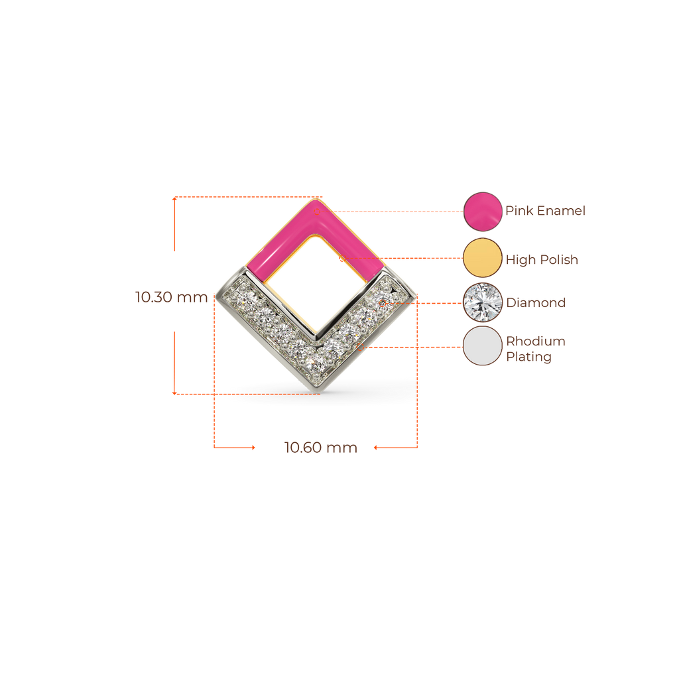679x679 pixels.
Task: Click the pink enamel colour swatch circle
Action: (x=482, y=211)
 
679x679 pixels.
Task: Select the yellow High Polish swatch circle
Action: (x=482, y=257)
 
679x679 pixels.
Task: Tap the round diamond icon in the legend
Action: (x=482, y=302)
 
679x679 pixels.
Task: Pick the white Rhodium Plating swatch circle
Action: (x=482, y=345)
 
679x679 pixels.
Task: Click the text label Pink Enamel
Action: (x=545, y=211)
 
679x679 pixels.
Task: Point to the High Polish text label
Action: (x=542, y=259)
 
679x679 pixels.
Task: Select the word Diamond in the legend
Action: (x=536, y=303)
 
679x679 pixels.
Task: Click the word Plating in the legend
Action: (x=528, y=357)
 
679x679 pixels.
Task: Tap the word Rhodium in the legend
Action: (x=535, y=341)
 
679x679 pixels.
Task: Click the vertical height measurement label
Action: (x=172, y=296)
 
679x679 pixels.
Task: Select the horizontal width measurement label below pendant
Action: (x=321, y=448)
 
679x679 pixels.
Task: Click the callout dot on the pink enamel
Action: (x=317, y=212)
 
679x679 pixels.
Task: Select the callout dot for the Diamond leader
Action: (x=383, y=303)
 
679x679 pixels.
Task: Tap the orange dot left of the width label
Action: (x=253, y=448)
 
